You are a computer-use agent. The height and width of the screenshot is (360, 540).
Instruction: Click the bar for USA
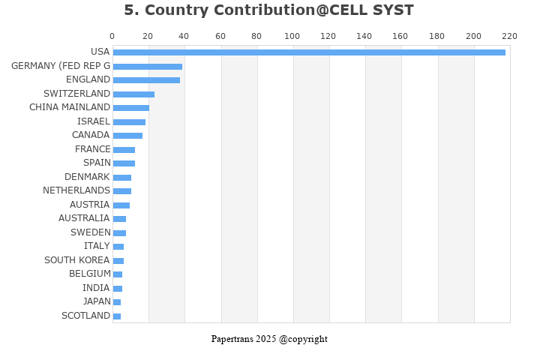tap(309, 52)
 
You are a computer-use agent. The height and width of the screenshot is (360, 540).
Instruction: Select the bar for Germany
tap(148, 67)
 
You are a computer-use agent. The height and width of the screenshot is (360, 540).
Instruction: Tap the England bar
tap(146, 80)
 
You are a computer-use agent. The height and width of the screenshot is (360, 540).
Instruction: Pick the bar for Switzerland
tap(133, 94)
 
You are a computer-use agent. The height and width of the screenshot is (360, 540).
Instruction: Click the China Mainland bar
tap(130, 108)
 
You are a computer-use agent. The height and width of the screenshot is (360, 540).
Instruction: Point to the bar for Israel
tap(129, 122)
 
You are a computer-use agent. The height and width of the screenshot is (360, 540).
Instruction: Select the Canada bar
tap(127, 136)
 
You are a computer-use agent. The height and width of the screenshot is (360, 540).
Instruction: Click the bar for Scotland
tap(117, 316)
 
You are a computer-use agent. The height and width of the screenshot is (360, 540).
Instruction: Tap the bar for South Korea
tap(118, 261)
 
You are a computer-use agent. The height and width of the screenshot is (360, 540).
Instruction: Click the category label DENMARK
tap(87, 177)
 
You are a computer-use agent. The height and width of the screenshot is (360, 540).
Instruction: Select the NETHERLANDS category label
tap(76, 190)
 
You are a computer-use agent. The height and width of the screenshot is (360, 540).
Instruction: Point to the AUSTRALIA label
tap(84, 218)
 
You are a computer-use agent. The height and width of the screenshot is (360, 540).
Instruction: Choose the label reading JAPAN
tap(97, 301)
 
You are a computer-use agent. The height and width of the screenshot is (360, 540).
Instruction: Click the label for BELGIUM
tap(90, 274)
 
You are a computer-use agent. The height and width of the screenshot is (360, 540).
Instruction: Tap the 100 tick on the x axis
tap(292, 36)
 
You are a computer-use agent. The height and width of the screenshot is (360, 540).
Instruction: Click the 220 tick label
tap(509, 36)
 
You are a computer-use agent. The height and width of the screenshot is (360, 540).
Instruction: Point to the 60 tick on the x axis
tap(220, 36)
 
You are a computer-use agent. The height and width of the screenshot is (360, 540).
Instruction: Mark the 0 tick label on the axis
tap(112, 36)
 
